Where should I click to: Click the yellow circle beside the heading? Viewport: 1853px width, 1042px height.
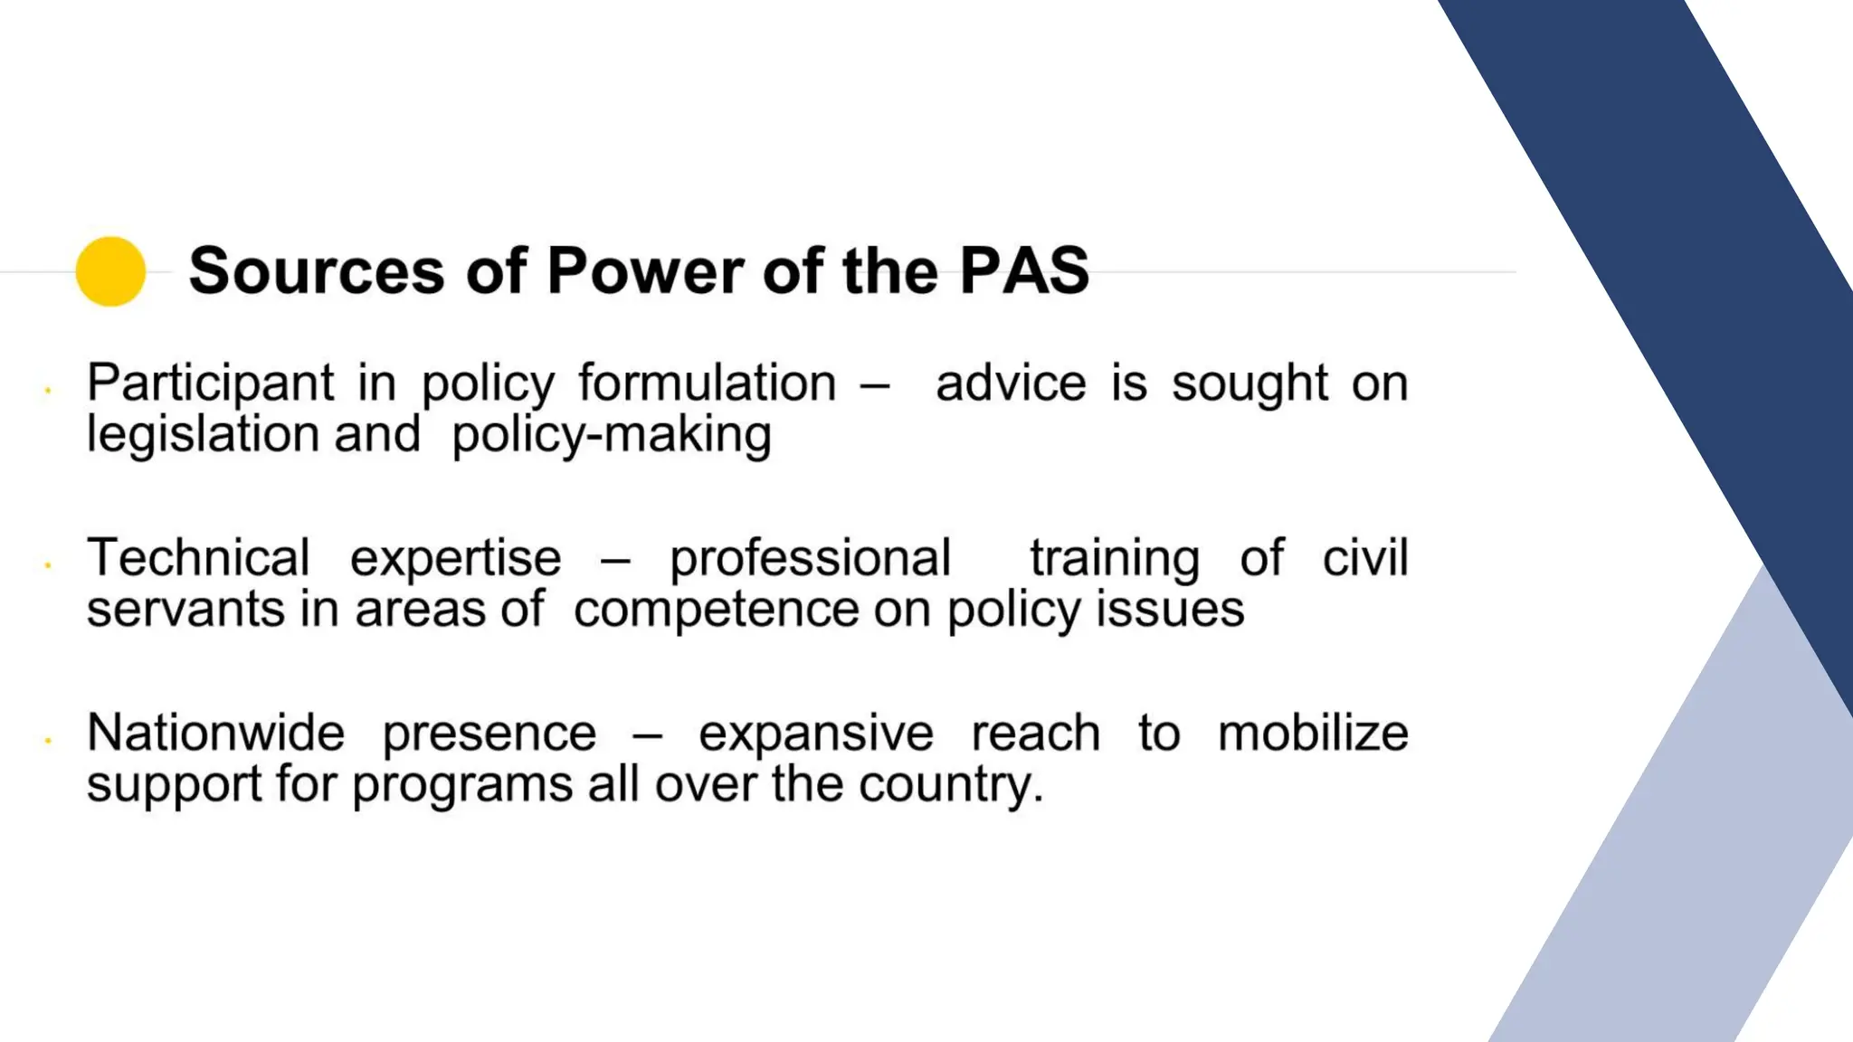[110, 271]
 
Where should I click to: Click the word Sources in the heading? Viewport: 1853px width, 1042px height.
[317, 270]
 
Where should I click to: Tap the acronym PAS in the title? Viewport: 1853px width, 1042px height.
[1024, 270]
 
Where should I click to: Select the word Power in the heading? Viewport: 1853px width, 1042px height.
[643, 270]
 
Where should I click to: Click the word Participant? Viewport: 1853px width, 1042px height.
[211, 384]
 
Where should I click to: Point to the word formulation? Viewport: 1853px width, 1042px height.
[708, 384]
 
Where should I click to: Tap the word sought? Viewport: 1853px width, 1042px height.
[1250, 384]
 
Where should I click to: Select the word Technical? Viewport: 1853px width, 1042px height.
[198, 558]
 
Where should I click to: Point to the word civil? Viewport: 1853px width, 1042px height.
[1365, 558]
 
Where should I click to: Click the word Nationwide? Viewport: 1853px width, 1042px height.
[216, 733]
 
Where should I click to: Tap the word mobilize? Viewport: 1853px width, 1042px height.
[1313, 733]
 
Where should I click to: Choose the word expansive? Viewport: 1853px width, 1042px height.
[815, 734]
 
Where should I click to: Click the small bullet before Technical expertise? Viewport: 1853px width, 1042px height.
[47, 566]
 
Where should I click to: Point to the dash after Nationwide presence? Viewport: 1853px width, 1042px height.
[647, 734]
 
